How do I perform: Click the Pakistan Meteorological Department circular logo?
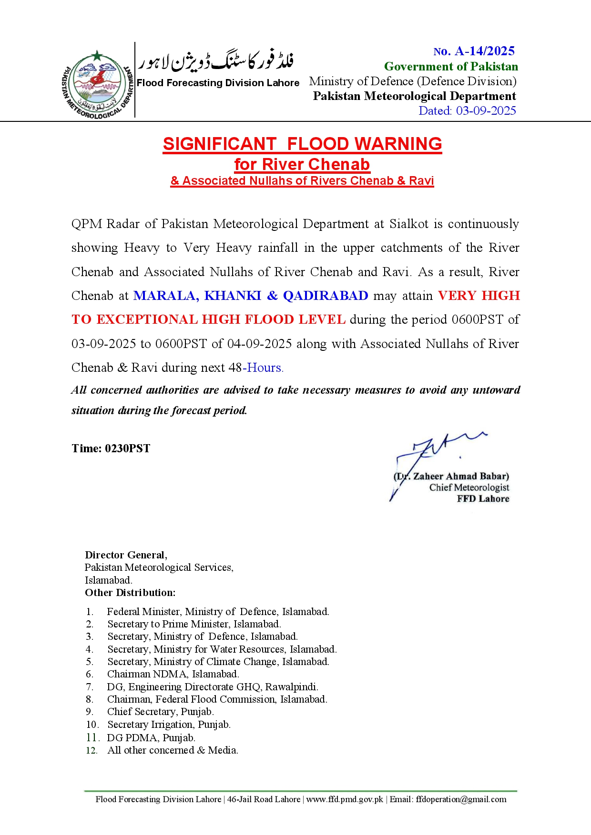tap(98, 84)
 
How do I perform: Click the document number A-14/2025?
tap(484, 51)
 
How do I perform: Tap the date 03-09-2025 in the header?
tap(486, 111)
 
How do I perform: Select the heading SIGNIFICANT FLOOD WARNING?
tap(302, 144)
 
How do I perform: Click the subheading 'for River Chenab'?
tap(302, 164)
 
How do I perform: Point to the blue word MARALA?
tap(166, 296)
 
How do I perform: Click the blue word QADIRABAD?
tap(326, 296)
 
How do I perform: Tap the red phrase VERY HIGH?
tap(479, 296)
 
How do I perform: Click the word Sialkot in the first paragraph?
tap(409, 224)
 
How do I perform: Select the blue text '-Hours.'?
tap(263, 368)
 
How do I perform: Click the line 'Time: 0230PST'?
tap(111, 448)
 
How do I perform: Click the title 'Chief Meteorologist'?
tap(469, 487)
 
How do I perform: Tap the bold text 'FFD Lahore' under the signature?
tap(483, 499)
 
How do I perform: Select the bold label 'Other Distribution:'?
tap(130, 593)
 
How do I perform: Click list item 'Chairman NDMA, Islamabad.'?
tap(173, 674)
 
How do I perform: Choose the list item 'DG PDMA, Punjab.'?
tap(151, 738)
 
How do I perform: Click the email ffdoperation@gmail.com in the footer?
tap(461, 799)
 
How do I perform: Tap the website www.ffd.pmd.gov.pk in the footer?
tap(345, 799)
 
